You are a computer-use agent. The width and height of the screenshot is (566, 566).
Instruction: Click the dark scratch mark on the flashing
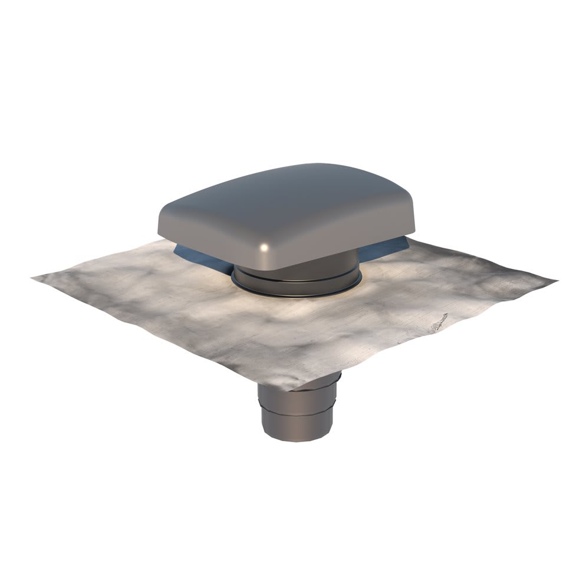pos(439,323)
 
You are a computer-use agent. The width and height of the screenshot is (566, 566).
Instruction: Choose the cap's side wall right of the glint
pos(342,236)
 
